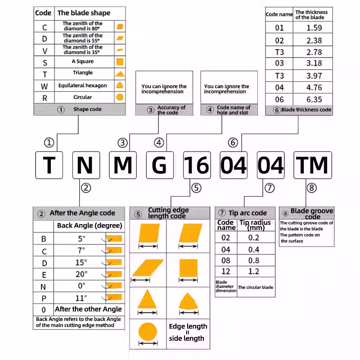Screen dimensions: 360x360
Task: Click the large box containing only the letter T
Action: (49, 165)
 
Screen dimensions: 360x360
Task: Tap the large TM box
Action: (312, 165)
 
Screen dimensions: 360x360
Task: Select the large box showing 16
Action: (197, 165)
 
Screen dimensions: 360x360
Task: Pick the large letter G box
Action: (160, 165)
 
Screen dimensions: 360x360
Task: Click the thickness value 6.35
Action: (314, 99)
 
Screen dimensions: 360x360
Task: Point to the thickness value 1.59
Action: (314, 28)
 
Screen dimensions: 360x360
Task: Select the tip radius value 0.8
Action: (254, 261)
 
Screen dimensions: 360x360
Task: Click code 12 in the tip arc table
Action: (226, 271)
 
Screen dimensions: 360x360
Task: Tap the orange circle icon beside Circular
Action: (120, 97)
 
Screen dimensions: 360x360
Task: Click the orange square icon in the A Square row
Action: (120, 62)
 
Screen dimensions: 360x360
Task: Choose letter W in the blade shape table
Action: (44, 86)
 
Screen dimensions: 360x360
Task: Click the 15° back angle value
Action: (81, 262)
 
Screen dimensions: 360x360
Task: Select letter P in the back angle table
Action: (44, 298)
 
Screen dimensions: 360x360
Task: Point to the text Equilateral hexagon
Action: (82, 85)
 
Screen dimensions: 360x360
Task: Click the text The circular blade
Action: (256, 287)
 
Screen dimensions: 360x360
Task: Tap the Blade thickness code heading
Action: (306, 110)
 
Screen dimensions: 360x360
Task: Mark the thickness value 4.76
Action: (314, 87)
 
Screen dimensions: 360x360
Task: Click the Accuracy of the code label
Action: (171, 110)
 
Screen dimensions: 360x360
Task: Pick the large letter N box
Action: (86, 165)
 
